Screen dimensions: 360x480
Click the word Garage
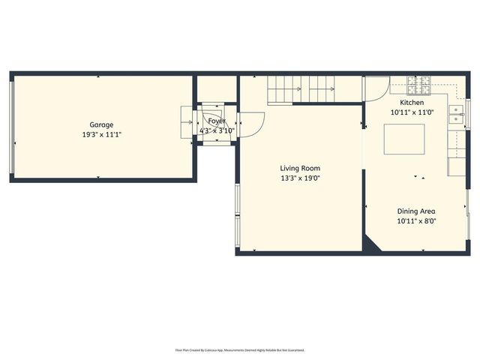coord(102,124)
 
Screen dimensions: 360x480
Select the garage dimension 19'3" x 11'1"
coord(102,134)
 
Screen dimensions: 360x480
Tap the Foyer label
coord(217,121)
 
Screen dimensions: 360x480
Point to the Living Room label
coord(300,168)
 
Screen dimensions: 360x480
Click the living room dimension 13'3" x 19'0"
coord(300,178)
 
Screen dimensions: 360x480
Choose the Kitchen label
coord(412,103)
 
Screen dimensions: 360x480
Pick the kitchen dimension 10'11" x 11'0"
coord(412,112)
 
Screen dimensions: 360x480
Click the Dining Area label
coord(416,211)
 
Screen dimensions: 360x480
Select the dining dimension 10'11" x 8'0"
coord(416,221)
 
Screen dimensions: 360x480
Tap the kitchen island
coord(404,140)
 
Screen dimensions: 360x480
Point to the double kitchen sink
coord(456,115)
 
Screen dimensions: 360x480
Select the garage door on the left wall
coord(11,126)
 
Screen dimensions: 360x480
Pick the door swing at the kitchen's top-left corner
coord(372,89)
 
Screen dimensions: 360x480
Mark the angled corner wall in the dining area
coord(374,242)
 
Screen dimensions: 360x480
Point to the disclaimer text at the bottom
coord(240,349)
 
